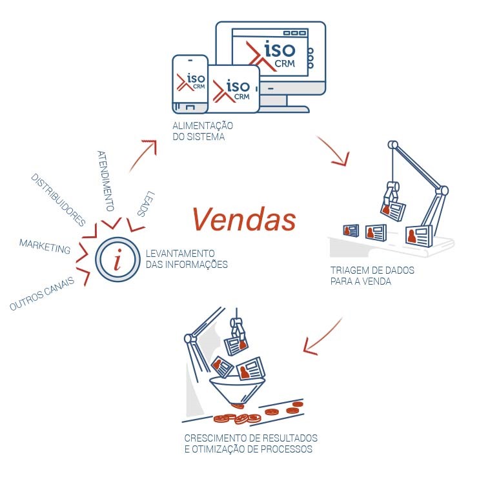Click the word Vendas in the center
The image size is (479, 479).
(x=244, y=219)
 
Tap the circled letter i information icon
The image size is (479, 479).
(x=117, y=260)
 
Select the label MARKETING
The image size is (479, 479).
(x=45, y=246)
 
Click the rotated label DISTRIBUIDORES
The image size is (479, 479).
(x=58, y=199)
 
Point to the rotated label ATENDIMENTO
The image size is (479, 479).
(x=106, y=181)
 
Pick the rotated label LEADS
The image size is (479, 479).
(x=146, y=204)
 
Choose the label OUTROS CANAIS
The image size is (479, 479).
(x=42, y=293)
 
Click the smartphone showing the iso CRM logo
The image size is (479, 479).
(x=190, y=84)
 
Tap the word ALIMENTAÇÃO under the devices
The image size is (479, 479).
(x=203, y=126)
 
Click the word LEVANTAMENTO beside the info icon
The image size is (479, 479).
(x=180, y=253)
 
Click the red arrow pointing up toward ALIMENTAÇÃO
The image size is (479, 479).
(x=143, y=155)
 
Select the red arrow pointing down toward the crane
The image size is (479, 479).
(x=333, y=150)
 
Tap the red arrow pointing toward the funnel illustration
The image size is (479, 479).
(x=323, y=336)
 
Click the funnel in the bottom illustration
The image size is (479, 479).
(x=238, y=390)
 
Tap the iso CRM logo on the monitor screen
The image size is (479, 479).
(x=271, y=55)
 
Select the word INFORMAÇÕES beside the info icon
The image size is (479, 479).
(x=196, y=264)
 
